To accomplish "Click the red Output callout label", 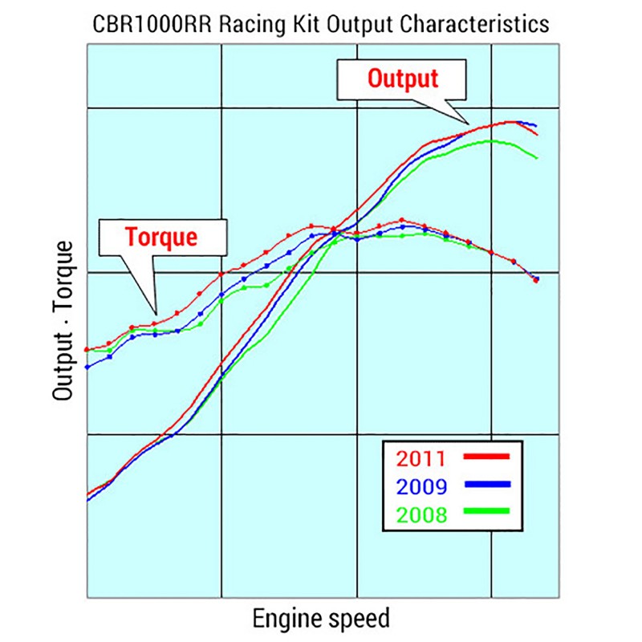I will [403, 79].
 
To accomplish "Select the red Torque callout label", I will [160, 237].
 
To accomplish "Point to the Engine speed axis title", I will [321, 619].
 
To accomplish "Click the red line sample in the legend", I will [486, 457].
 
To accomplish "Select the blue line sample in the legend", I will [486, 484].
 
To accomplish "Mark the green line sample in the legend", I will [486, 511].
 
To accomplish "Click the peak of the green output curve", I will [490, 141].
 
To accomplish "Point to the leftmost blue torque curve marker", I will [87, 368].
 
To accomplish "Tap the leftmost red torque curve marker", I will [87, 350].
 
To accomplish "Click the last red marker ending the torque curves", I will [535, 280].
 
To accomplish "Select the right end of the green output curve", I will [537, 157].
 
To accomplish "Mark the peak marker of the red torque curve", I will [401, 220].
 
